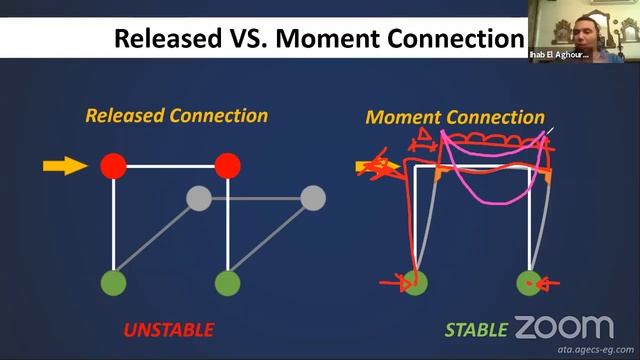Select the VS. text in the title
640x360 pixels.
pos(250,39)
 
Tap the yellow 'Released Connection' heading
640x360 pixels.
pos(176,115)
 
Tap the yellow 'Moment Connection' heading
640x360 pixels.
pos(455,117)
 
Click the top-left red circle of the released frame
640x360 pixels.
pos(113,165)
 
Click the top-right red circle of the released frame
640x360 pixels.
pos(228,165)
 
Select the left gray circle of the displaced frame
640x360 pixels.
pos(199,198)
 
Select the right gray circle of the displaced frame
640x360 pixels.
pos(313,198)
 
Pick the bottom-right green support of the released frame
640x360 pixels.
pos(228,283)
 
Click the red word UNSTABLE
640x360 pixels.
pos(168,329)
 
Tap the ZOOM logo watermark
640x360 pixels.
pos(564,327)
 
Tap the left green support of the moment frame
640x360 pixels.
pos(415,283)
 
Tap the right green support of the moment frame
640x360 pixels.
pos(529,283)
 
